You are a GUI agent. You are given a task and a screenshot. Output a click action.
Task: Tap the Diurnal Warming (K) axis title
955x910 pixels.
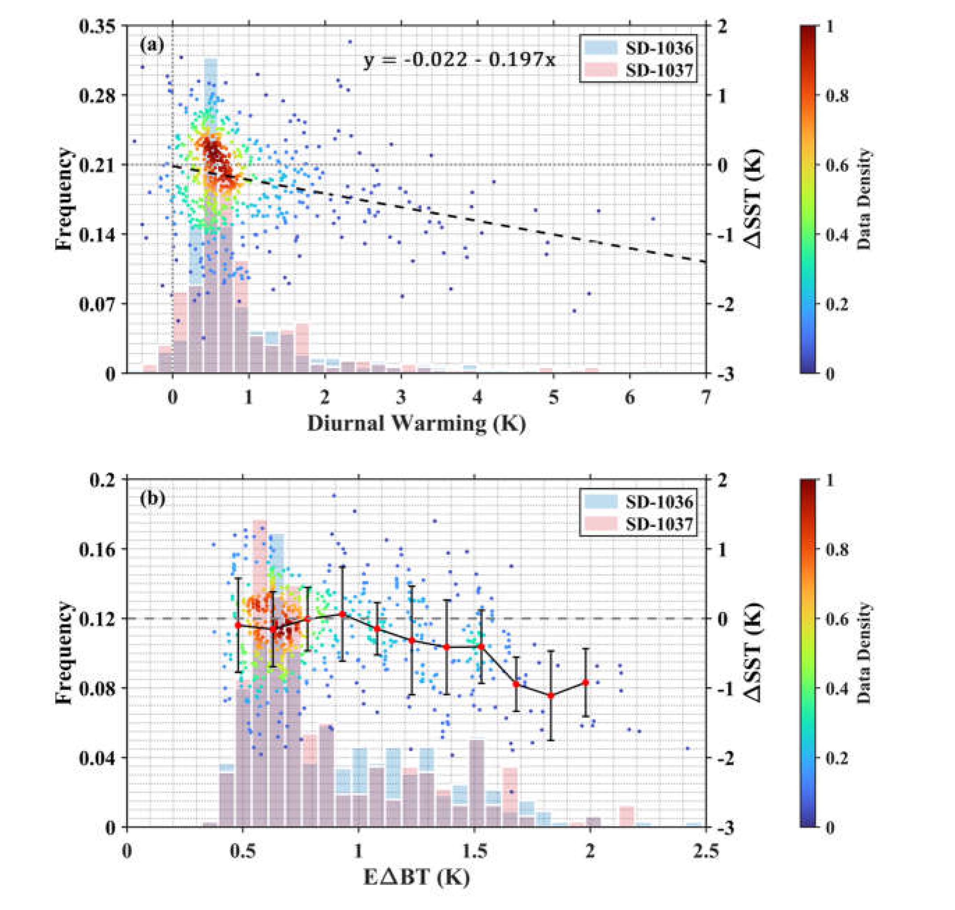click(416, 423)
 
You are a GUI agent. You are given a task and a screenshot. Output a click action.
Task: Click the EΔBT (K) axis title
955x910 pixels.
click(416, 877)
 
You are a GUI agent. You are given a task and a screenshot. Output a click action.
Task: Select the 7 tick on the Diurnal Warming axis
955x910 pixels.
click(706, 398)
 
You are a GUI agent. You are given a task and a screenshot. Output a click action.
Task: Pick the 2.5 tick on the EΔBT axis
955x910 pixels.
click(706, 851)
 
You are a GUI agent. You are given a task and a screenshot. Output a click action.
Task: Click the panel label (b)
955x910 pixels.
click(152, 498)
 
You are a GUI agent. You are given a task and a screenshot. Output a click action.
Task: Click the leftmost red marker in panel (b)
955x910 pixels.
click(238, 625)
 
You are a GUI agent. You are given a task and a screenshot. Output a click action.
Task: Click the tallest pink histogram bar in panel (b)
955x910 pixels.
click(260, 630)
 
